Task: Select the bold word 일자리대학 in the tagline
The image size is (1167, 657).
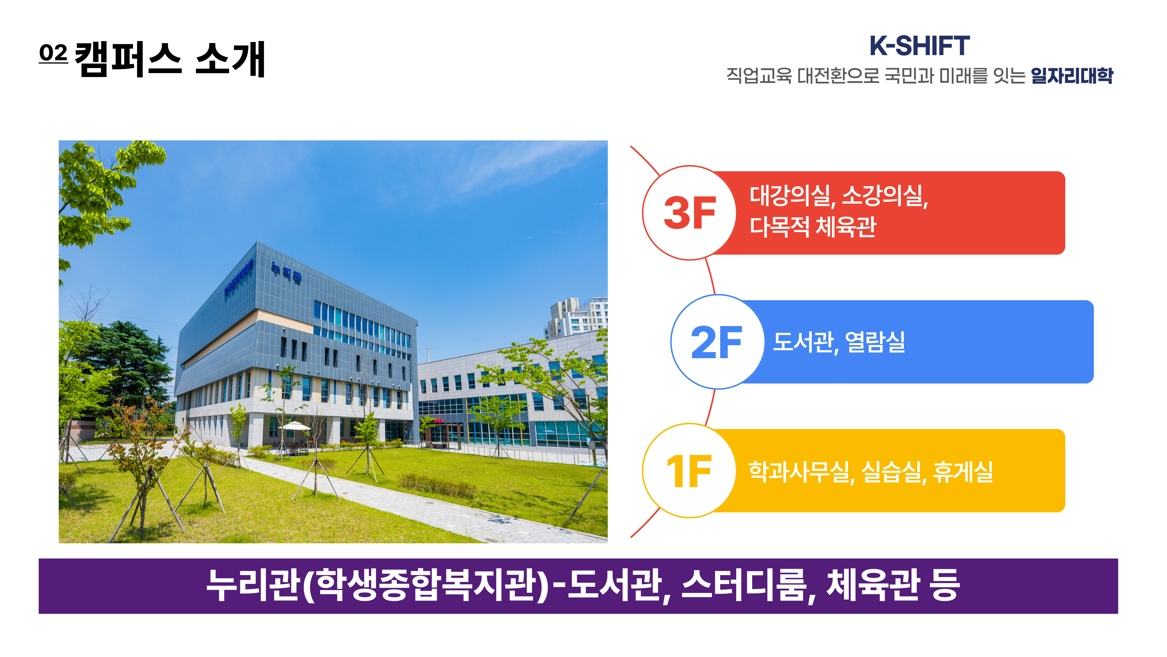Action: (1072, 75)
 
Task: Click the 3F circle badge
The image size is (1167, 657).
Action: (690, 213)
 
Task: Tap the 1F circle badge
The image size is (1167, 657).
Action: (690, 471)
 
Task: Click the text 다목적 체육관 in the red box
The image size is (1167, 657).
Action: (813, 227)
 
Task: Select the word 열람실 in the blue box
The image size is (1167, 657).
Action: (875, 342)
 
